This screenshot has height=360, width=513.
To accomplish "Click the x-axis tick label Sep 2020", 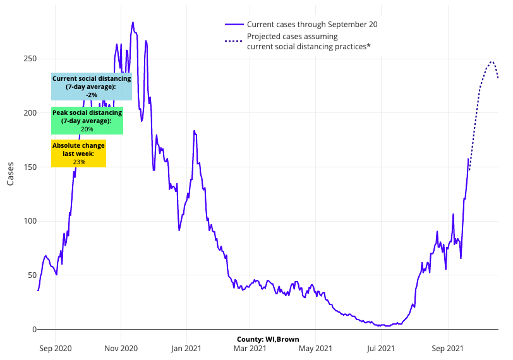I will tap(55, 348).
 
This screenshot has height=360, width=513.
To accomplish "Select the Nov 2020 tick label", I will tap(121, 348).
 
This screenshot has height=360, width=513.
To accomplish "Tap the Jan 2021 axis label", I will tap(186, 348).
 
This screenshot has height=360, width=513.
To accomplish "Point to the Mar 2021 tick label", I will tap(250, 348).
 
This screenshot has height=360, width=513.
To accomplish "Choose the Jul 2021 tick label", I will tap(381, 348).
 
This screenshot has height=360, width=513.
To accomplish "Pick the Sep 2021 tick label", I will tap(448, 348).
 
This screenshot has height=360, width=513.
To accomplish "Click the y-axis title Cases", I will tap(11, 174).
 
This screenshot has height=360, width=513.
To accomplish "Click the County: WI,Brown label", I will tap(268, 339).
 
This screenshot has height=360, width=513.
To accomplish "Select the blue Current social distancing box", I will tap(92, 87).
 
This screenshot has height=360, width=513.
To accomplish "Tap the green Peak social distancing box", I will tap(87, 121).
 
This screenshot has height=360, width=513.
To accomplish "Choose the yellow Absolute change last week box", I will tap(78, 153).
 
